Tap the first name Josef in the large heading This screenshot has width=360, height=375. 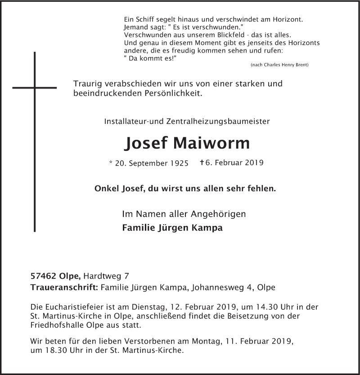[x=144, y=143]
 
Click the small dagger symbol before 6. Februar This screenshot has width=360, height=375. [x=203, y=163]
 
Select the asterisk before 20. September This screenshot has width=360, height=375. [x=111, y=163]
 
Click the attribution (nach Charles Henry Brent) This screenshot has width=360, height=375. [x=279, y=65]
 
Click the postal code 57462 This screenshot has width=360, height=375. [x=44, y=276]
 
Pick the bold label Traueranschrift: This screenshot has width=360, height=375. [x=64, y=287]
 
